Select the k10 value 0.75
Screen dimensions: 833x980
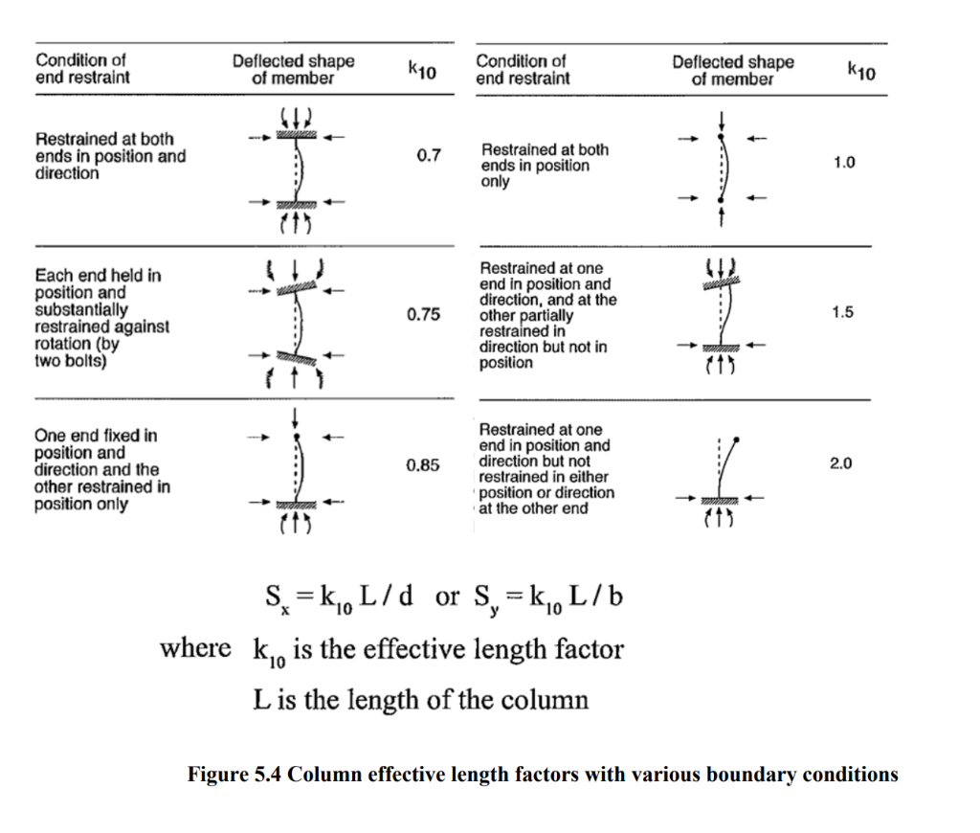coord(423,314)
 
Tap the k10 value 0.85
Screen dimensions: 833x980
coord(422,465)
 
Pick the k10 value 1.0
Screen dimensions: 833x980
coord(843,163)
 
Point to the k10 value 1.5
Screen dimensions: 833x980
coord(843,312)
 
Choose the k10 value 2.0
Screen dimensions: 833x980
coord(842,463)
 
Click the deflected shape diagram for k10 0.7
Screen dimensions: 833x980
coord(297,170)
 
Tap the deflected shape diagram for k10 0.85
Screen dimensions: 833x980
coord(298,470)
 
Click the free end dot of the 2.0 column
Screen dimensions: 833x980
coord(736,439)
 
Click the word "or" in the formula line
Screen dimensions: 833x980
coord(447,597)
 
